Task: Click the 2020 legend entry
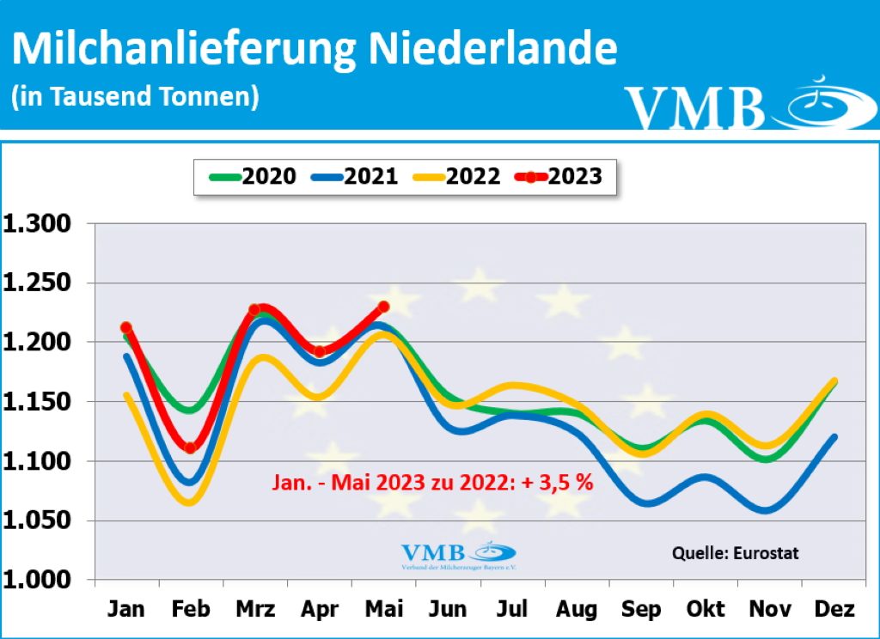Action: click(x=254, y=176)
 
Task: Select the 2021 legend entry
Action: click(x=355, y=176)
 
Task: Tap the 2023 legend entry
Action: click(x=559, y=176)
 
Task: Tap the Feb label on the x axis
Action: click(x=191, y=610)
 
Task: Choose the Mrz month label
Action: click(x=254, y=610)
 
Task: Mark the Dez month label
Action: click(x=834, y=610)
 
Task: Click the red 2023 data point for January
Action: click(x=126, y=327)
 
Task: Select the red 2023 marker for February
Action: click(x=190, y=447)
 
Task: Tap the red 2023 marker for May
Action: click(x=383, y=306)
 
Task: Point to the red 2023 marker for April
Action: click(x=320, y=351)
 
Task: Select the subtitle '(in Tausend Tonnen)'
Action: click(x=136, y=96)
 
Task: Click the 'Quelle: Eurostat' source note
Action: click(x=735, y=553)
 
